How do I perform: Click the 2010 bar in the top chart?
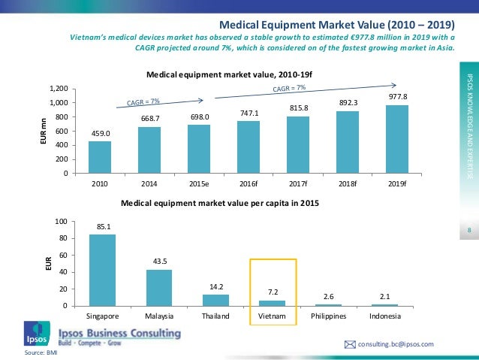coord(100,157)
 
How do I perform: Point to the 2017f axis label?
coord(298,183)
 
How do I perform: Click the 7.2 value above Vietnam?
coord(273,291)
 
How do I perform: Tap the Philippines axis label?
coord(330,316)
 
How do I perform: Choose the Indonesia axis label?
coord(384,316)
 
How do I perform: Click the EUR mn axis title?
coord(43,131)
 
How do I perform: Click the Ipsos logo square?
coord(34,331)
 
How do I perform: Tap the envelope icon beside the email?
coord(349,343)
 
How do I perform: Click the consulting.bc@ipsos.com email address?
coord(396,343)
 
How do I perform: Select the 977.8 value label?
coord(397,97)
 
